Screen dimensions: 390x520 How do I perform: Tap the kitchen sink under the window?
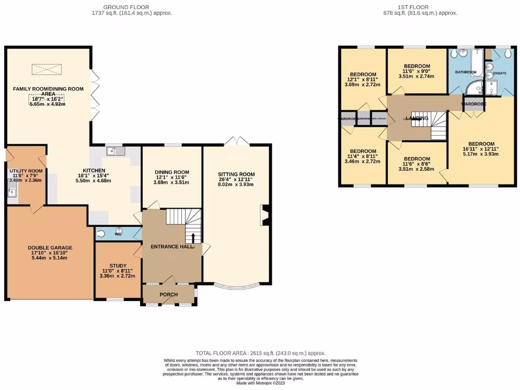(116, 151)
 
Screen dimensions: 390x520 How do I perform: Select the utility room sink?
(12, 191)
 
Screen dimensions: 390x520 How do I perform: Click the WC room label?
(118, 234)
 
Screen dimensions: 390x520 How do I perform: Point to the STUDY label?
(118, 266)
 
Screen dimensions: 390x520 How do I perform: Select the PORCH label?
(169, 295)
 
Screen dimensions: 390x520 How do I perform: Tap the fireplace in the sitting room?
(264, 215)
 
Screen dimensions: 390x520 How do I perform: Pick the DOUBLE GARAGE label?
(50, 248)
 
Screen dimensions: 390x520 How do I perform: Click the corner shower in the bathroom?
(474, 88)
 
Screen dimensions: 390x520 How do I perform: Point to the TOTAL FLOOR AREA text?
(261, 353)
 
